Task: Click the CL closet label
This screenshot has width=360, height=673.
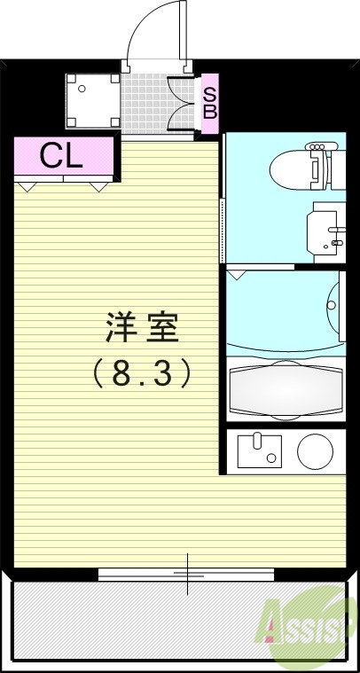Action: [62, 157]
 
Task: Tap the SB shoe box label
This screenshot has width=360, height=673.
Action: [210, 102]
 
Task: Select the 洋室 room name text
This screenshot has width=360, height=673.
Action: [144, 329]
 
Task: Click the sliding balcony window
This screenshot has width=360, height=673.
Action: [187, 575]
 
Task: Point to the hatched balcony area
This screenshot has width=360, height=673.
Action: [133, 625]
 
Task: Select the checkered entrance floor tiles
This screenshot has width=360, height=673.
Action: [145, 105]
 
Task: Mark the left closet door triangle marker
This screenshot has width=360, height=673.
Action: [27, 186]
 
